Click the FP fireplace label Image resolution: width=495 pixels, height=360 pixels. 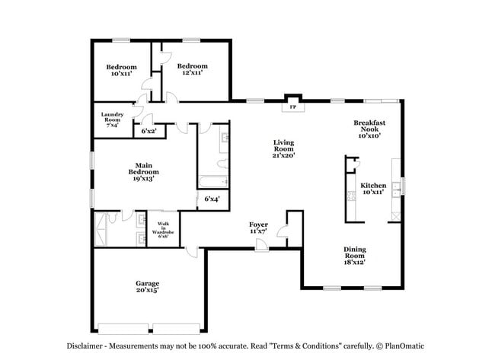(292, 107)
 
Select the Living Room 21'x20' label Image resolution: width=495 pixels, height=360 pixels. (284, 148)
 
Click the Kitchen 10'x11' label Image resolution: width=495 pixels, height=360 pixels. (373, 189)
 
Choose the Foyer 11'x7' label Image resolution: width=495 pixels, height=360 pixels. (259, 228)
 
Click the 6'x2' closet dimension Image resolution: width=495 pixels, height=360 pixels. (148, 131)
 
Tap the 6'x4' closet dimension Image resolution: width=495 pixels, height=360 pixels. (212, 199)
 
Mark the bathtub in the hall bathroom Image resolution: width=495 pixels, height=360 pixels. (213, 181)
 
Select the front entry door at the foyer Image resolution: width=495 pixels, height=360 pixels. (261, 244)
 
